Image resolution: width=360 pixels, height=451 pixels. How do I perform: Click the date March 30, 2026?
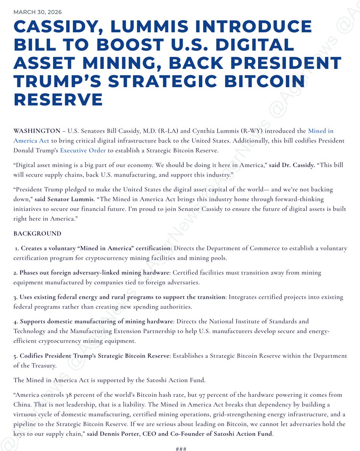pyautogui.click(x=38, y=12)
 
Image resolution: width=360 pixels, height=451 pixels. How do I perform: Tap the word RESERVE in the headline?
pyautogui.click(x=58, y=99)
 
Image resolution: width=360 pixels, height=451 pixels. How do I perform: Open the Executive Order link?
pyautogui.click(x=84, y=151)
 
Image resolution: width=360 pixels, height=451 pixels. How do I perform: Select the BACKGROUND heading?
pyautogui.click(x=37, y=233)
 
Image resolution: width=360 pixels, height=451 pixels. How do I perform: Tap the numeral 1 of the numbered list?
pyautogui.click(x=17, y=248)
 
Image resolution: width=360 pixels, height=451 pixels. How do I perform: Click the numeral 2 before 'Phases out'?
pyautogui.click(x=15, y=272)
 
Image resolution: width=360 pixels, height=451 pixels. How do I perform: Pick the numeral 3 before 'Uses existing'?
pyautogui.click(x=15, y=297)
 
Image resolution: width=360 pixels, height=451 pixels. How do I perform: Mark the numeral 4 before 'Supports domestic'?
pyautogui.click(x=15, y=321)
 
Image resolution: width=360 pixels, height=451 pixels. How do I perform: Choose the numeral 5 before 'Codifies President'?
pyautogui.click(x=15, y=356)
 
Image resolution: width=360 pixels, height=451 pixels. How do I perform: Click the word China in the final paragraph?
pyautogui.click(x=21, y=404)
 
